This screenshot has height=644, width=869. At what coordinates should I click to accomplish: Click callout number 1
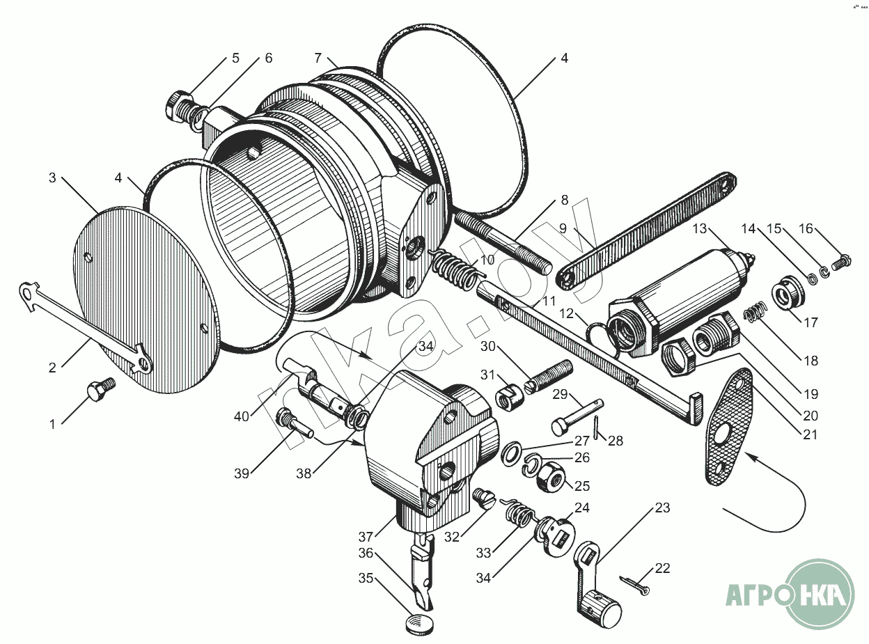click(x=52, y=423)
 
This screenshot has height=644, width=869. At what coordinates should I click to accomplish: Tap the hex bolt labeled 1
click(x=99, y=389)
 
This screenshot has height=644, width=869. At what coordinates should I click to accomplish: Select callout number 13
click(x=699, y=229)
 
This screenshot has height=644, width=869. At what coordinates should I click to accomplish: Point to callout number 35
click(x=366, y=578)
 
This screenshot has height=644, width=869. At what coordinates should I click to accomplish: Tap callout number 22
click(x=662, y=568)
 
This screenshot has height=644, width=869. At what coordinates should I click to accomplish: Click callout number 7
click(x=318, y=57)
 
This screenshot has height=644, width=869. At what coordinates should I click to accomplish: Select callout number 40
click(x=242, y=416)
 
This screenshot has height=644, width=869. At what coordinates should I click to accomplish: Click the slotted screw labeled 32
click(x=483, y=497)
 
